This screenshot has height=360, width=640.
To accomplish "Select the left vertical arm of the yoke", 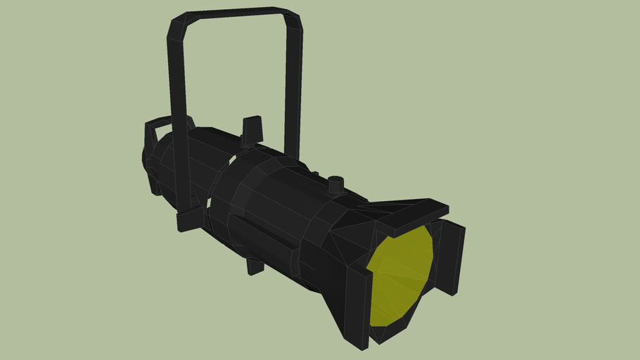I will [178, 112].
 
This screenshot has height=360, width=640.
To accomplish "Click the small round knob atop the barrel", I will [336, 185].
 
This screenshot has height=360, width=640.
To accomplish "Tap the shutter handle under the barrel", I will [255, 266].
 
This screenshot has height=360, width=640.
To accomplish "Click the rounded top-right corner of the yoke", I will [294, 18].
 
